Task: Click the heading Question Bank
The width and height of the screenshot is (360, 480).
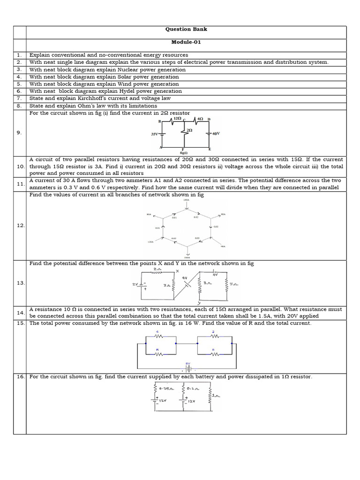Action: (x=186, y=29)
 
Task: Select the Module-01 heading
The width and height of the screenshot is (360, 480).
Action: (x=186, y=42)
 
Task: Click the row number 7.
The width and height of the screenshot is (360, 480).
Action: (x=19, y=98)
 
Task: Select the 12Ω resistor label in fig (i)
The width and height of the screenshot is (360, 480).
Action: (x=177, y=119)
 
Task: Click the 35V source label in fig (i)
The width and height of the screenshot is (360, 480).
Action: (x=154, y=134)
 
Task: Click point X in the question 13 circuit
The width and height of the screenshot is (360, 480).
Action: (x=177, y=271)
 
